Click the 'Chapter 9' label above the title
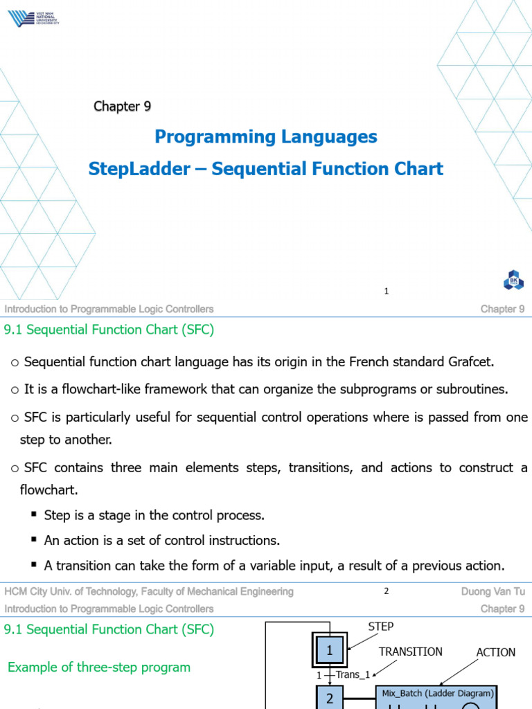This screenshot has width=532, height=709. pos(122,106)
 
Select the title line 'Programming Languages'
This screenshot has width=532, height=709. pos(266,136)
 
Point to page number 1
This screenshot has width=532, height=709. pos(387,291)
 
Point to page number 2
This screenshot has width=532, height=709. pos(387,591)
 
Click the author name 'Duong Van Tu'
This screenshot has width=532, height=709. pos(493,591)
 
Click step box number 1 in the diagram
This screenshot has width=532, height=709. pos(330,651)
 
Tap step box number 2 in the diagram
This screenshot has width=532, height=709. pos(330,698)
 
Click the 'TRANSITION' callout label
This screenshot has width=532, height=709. pos(410,652)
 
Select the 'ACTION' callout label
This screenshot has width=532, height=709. pos(495,652)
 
